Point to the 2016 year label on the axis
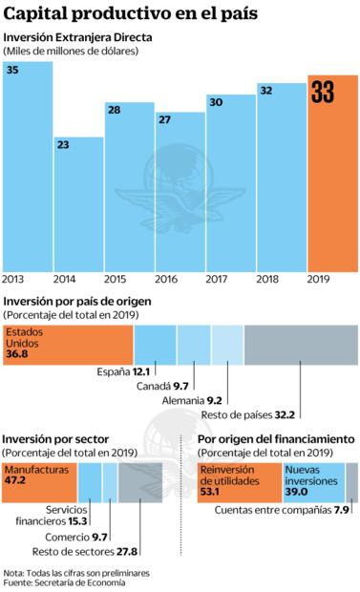point(166,279)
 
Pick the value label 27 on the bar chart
point(164,120)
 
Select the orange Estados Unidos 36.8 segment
point(67,342)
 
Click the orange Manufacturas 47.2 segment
point(39,482)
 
